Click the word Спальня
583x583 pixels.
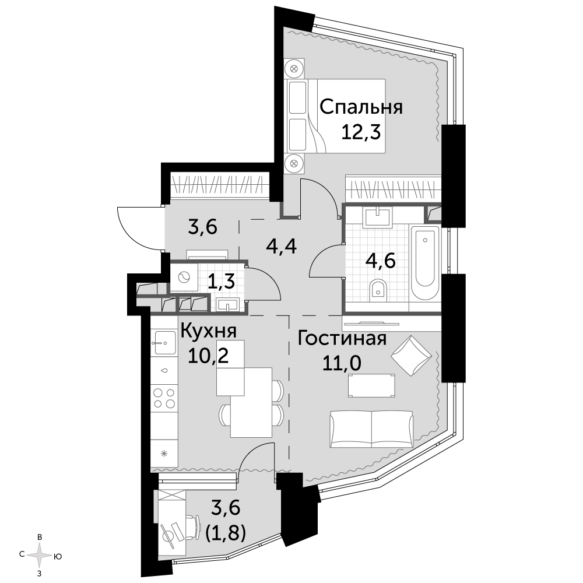[x=361, y=107]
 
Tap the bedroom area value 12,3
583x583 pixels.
[x=361, y=132]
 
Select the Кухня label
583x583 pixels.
[x=209, y=331]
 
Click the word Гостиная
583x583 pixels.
[x=342, y=338]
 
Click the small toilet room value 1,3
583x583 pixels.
[x=221, y=282]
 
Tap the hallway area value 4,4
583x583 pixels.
[x=282, y=246]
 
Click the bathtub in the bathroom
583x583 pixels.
[x=424, y=262]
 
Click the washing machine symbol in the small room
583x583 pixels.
[x=184, y=278]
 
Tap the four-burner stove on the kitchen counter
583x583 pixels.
[x=164, y=398]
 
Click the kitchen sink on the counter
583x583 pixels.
[x=164, y=342]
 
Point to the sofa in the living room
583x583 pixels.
[x=371, y=429]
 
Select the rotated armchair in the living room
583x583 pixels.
[x=411, y=356]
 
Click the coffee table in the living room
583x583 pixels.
[x=371, y=386]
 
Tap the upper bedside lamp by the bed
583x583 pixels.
[x=294, y=68]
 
